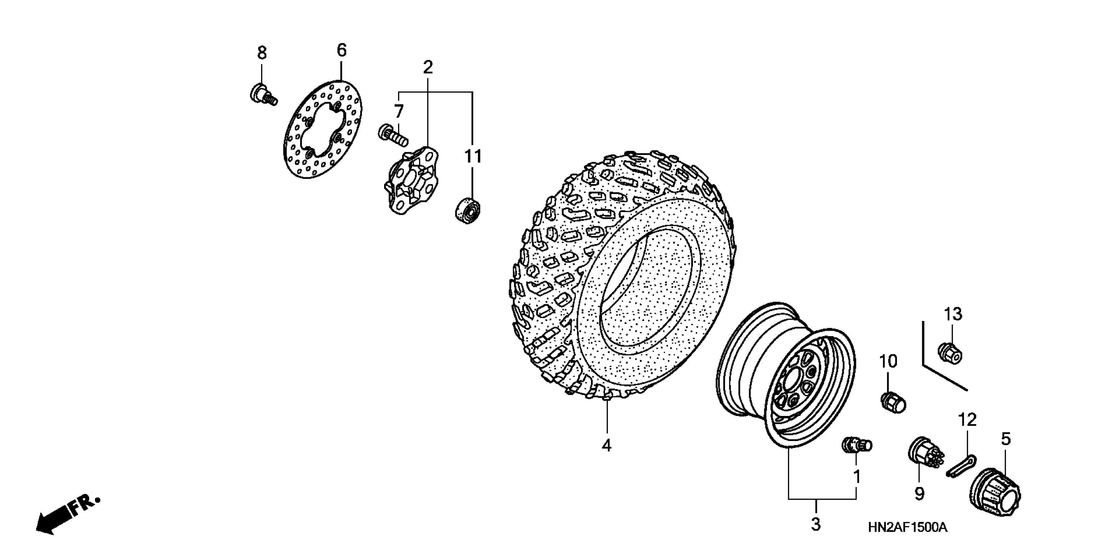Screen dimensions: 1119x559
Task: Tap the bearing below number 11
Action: tap(467, 211)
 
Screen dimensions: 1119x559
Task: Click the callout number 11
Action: tap(473, 157)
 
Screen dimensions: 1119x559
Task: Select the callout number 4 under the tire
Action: tap(607, 445)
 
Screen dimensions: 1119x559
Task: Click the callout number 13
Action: tap(953, 314)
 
